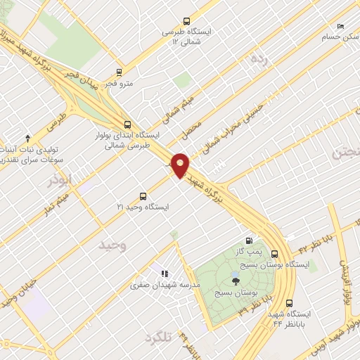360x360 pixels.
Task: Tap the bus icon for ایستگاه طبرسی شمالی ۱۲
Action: point(186,21)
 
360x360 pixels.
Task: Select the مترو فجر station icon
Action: point(118,72)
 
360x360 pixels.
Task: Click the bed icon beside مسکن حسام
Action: point(341,27)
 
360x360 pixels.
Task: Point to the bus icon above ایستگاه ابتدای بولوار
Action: point(127,122)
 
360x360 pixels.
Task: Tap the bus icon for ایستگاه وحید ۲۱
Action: point(143,196)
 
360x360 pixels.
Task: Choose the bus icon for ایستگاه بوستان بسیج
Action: point(274,254)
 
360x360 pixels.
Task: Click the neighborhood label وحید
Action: point(112,245)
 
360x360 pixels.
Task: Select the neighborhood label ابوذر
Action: point(60,180)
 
